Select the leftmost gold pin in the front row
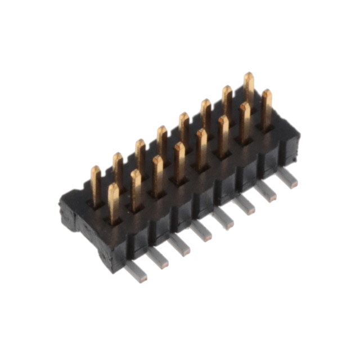pos(114,200)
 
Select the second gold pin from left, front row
pos(136,187)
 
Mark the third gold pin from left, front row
pos(158,173)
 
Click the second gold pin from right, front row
pos(245,119)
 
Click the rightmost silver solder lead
pos(287,177)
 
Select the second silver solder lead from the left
pos(158,257)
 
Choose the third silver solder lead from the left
pos(180,244)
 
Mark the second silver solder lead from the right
pos(266,191)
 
